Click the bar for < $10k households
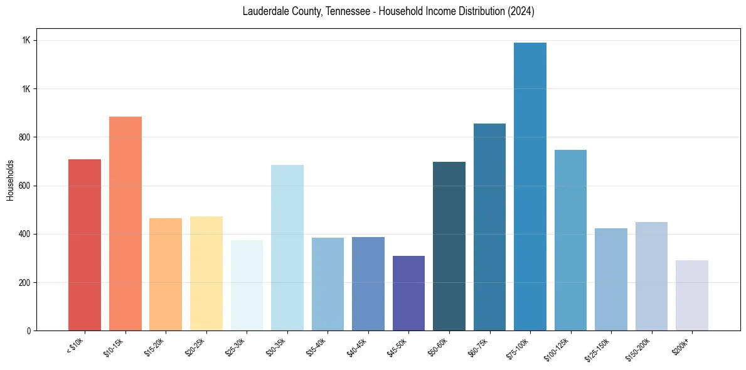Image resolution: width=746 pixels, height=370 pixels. click(85, 245)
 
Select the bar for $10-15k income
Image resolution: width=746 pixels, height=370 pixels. click(125, 223)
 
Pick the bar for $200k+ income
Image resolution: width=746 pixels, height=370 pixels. click(692, 295)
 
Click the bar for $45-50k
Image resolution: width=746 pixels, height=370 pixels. click(408, 293)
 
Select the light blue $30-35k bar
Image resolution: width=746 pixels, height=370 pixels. click(287, 248)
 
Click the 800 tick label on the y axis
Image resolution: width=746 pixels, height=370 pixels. click(24, 137)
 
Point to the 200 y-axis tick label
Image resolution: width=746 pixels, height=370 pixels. click(24, 283)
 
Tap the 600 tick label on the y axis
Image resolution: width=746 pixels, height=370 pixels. click(24, 186)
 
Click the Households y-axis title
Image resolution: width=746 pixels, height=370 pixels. click(11, 179)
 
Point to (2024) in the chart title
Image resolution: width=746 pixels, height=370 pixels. click(521, 12)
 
